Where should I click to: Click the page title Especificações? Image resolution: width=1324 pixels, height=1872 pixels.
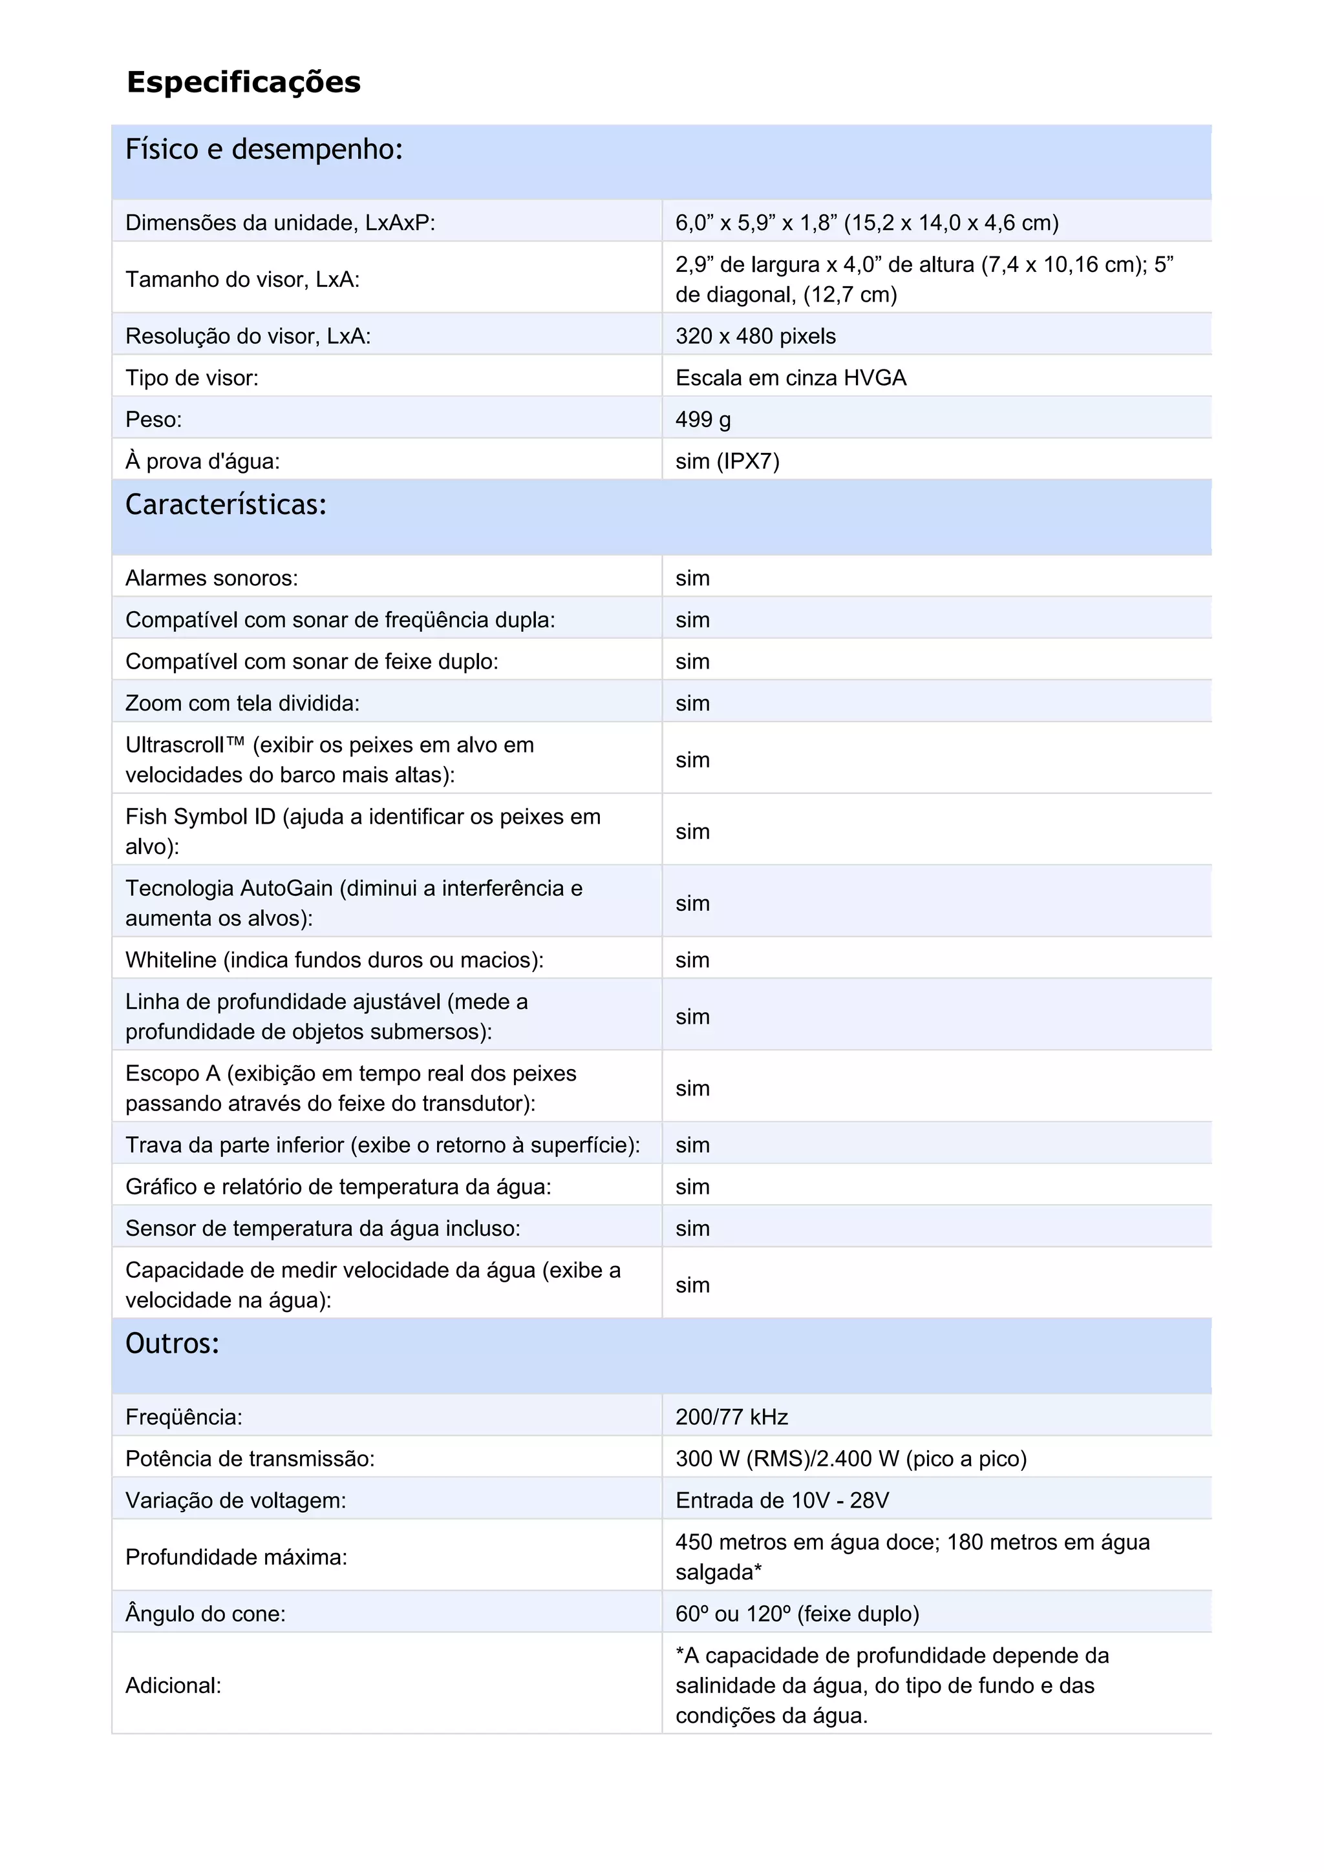[x=243, y=82]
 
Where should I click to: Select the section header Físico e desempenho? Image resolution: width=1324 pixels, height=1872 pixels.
[x=264, y=149]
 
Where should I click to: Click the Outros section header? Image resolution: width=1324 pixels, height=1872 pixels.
[x=172, y=1343]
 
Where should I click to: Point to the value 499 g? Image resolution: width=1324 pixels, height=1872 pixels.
[x=702, y=419]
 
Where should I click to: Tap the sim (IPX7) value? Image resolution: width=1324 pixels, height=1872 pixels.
[x=727, y=461]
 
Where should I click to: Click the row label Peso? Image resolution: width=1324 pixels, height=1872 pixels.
[x=153, y=419]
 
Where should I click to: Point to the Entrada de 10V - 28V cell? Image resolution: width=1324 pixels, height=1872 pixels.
[x=782, y=1499]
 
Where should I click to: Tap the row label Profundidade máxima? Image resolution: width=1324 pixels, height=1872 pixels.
[x=236, y=1557]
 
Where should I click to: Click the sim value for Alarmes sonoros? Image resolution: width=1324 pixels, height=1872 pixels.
[x=692, y=578]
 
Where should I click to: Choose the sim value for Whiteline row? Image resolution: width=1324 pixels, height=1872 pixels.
[x=692, y=960]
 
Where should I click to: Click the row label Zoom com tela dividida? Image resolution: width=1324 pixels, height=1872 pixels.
[x=242, y=703]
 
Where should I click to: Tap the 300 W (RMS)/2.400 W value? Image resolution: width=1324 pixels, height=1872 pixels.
[x=850, y=1458]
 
